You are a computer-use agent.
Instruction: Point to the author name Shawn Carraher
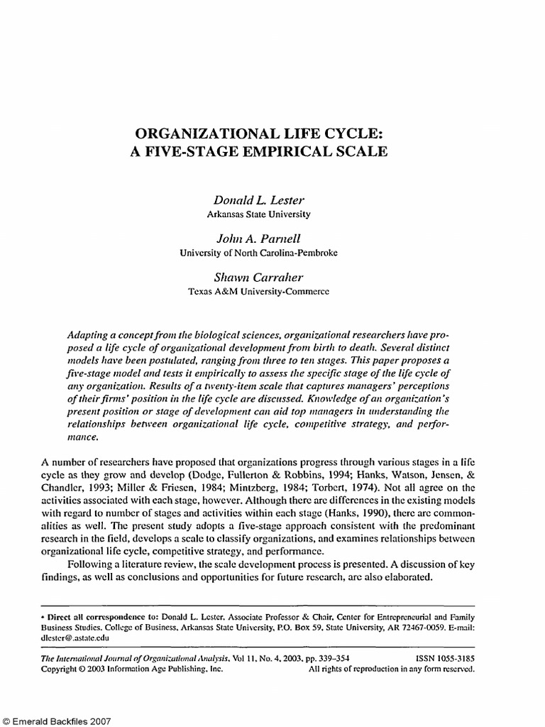(x=258, y=278)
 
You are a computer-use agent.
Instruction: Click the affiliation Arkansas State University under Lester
(x=258, y=213)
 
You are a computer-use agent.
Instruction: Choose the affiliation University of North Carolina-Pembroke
(x=258, y=252)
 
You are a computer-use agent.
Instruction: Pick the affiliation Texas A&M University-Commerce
(x=258, y=290)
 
